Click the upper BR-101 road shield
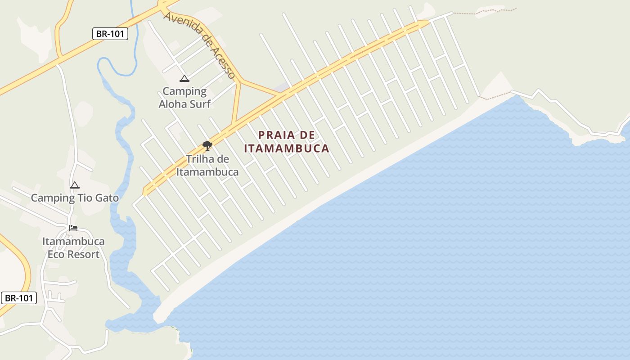[x=110, y=34]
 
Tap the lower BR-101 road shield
[x=18, y=298]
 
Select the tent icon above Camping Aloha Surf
[x=184, y=79]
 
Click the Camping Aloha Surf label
[x=184, y=98]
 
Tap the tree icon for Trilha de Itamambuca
[x=207, y=145]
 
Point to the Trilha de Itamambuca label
[x=207, y=166]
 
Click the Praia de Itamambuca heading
[x=287, y=141]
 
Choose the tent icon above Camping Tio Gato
[x=75, y=185]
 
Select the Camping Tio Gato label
[x=75, y=198]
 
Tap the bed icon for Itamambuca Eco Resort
[x=73, y=228]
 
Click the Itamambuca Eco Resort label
[x=73, y=248]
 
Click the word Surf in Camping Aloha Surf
[x=200, y=104]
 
